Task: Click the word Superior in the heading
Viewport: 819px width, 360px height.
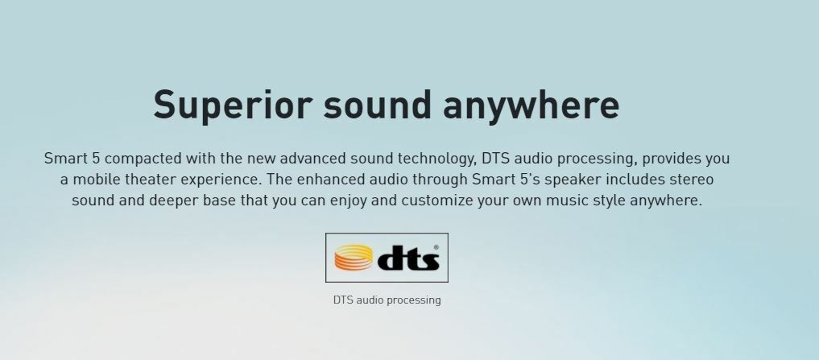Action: pyautogui.click(x=233, y=106)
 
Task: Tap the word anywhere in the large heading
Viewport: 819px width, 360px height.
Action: pyautogui.click(x=531, y=106)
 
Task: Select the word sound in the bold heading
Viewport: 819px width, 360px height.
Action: pyautogui.click(x=377, y=105)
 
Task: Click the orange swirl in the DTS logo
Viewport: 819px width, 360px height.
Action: pyautogui.click(x=354, y=258)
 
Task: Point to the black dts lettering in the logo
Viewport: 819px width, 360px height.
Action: pyautogui.click(x=408, y=258)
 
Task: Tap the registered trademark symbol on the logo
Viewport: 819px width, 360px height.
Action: pyautogui.click(x=436, y=248)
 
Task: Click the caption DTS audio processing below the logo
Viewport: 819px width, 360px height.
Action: pyautogui.click(x=387, y=300)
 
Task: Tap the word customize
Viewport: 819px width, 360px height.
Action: pyautogui.click(x=436, y=200)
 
